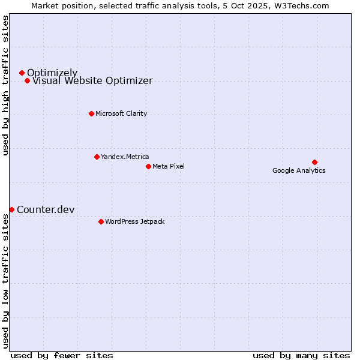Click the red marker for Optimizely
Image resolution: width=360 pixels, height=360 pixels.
point(22,73)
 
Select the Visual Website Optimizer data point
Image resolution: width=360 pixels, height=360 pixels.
point(27,80)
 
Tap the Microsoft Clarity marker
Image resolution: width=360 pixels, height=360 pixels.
point(91,113)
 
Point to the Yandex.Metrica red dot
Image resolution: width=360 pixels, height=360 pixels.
point(97,157)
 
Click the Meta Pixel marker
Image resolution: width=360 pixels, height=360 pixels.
point(148,166)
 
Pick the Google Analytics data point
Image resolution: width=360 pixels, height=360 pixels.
point(314,162)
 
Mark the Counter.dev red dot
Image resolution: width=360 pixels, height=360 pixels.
point(11,209)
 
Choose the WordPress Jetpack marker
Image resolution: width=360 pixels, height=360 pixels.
point(101,221)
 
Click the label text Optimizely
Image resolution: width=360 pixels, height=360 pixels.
point(52,73)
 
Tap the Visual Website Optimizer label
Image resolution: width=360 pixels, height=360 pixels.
point(92,81)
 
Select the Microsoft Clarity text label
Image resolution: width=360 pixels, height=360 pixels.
point(121,114)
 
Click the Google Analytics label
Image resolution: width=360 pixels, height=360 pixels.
point(299,170)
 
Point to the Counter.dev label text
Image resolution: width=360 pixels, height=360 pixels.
point(46,210)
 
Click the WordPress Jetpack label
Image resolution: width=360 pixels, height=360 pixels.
point(135,222)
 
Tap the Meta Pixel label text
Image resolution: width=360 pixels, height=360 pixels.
point(169,167)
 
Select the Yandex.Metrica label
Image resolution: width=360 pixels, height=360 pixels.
point(125,157)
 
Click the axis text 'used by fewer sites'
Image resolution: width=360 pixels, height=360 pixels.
point(62,355)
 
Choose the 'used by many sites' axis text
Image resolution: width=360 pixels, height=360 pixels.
point(301,355)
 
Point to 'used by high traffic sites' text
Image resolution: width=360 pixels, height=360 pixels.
point(5,85)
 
